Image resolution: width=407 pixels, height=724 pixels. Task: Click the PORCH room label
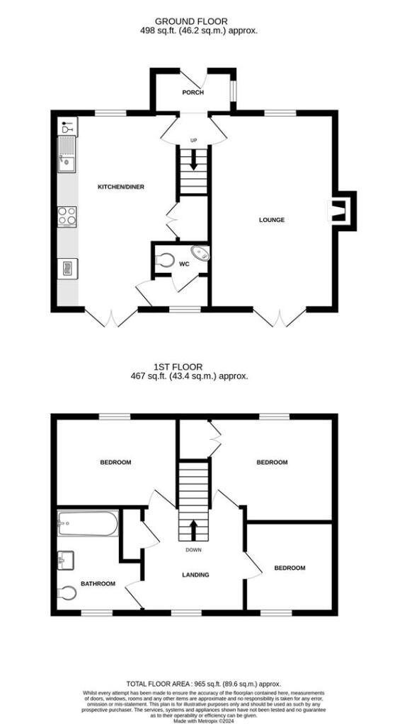193,93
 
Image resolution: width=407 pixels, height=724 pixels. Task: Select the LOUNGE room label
272,220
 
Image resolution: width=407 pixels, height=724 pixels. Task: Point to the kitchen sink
67,156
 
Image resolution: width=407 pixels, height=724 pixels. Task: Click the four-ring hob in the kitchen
67,216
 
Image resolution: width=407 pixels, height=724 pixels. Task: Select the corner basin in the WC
201,253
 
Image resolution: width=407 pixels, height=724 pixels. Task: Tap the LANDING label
195,575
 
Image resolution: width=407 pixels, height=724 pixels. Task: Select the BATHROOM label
98,583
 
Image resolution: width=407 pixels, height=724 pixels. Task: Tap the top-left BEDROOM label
115,462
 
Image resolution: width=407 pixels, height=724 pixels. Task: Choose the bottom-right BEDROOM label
290,568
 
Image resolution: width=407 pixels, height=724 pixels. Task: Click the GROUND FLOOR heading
202,21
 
